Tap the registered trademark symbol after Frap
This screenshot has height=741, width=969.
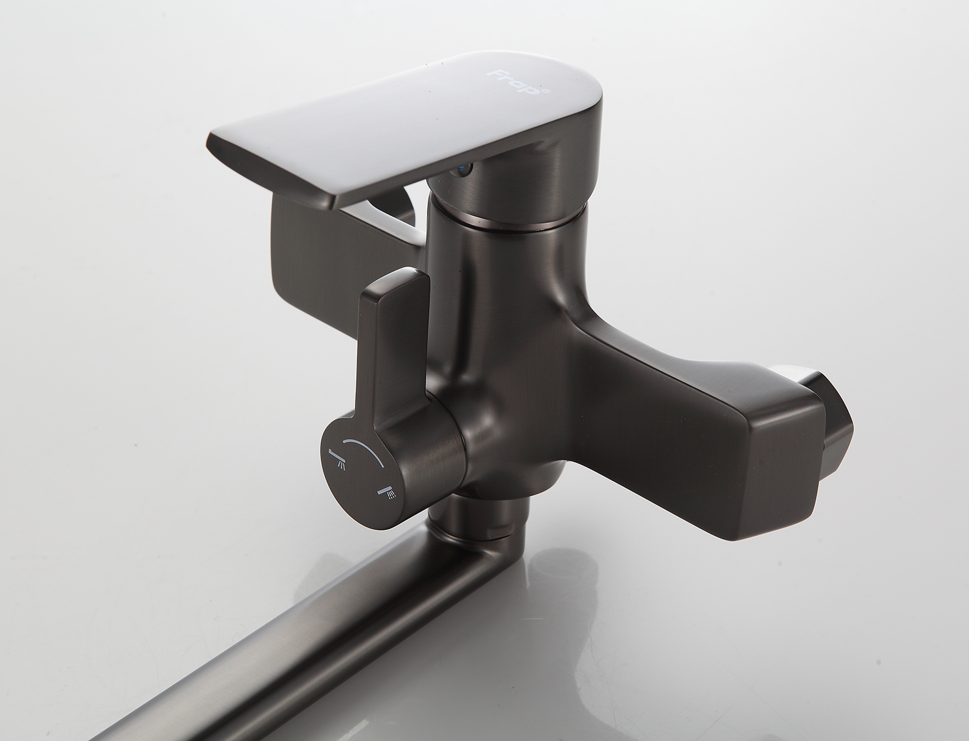click(547, 91)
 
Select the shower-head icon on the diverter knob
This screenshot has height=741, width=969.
click(388, 492)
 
